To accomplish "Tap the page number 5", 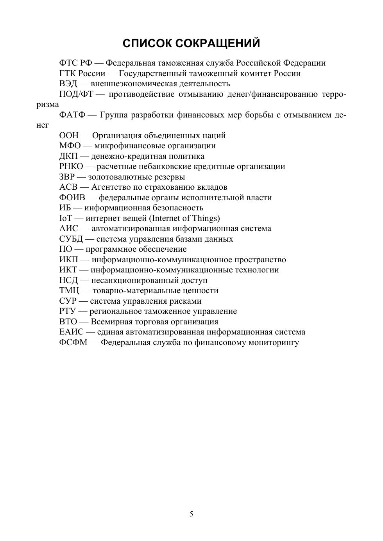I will [191, 514].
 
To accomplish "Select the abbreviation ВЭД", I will [68, 84].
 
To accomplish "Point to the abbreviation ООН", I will [69, 135].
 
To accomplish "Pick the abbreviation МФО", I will [70, 146].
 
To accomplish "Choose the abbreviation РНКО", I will [71, 166].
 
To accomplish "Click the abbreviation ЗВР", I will [67, 177].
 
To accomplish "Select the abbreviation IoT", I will [66, 218].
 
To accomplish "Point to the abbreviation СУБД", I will [71, 239].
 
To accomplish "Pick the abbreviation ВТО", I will [68, 322].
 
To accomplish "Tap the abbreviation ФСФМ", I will [73, 342].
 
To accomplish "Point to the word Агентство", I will [111, 187].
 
